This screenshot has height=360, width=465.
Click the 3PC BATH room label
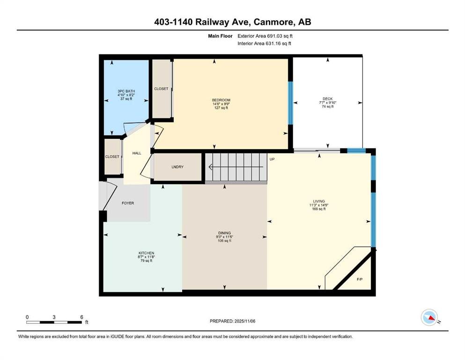(126, 91)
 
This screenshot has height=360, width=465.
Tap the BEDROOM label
(221, 100)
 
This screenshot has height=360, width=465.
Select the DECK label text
(328, 99)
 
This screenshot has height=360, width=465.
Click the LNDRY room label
(177, 167)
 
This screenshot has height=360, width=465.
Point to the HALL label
(137, 153)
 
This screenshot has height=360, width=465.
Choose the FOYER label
(128, 203)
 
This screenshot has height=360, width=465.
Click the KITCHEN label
(146, 253)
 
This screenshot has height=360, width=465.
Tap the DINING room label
(224, 233)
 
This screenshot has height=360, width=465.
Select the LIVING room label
(319, 201)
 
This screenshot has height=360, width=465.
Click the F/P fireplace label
(360, 279)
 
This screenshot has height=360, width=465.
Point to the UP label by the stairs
(272, 159)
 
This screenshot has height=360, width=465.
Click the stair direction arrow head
(211, 167)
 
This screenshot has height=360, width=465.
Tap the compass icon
(429, 317)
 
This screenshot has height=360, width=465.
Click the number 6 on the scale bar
(81, 317)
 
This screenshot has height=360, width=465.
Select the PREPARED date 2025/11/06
(244, 321)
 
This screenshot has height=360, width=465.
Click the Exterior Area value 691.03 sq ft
(280, 36)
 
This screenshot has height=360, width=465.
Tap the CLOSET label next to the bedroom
(161, 89)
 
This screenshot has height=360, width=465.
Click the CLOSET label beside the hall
(112, 157)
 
